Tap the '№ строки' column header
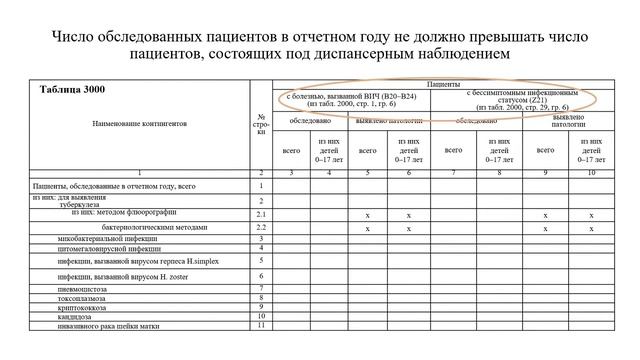click(x=261, y=125)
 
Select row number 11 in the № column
click(x=261, y=325)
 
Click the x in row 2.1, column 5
click(x=368, y=215)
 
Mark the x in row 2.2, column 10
click(x=591, y=228)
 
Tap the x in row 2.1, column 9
click(x=545, y=215)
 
